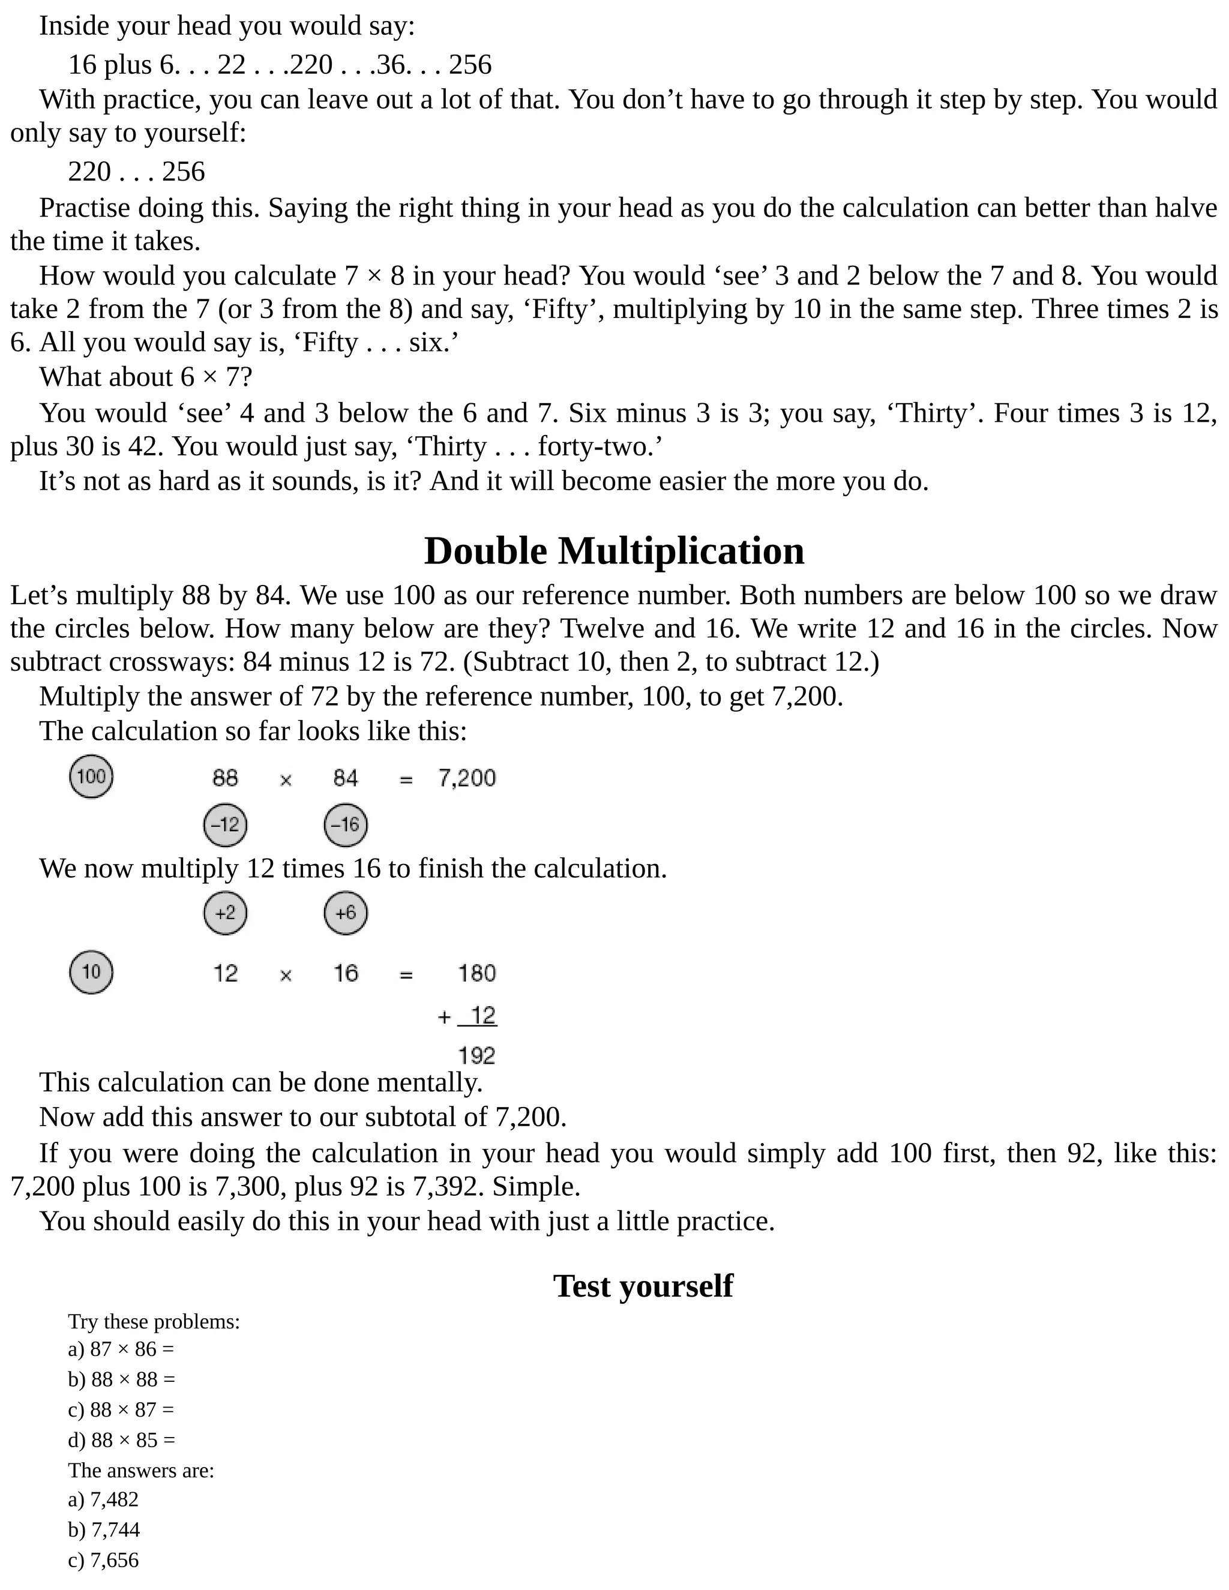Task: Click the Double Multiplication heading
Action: pos(614,551)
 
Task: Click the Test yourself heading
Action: pos(642,1285)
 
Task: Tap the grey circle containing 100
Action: pos(91,776)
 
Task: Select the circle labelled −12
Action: pos(225,825)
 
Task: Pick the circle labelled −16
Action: pos(345,825)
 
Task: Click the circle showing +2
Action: pos(225,913)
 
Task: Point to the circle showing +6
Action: pos(345,913)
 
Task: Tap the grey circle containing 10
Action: pos(91,972)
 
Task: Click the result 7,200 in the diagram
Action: pos(467,778)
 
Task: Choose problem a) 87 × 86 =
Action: pos(121,1349)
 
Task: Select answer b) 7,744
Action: pos(104,1529)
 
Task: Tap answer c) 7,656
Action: pos(103,1560)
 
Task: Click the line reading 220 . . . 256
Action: pos(136,172)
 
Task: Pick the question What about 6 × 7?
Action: pos(146,377)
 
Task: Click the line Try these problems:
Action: pos(154,1321)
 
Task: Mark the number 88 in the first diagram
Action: pos(225,778)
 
